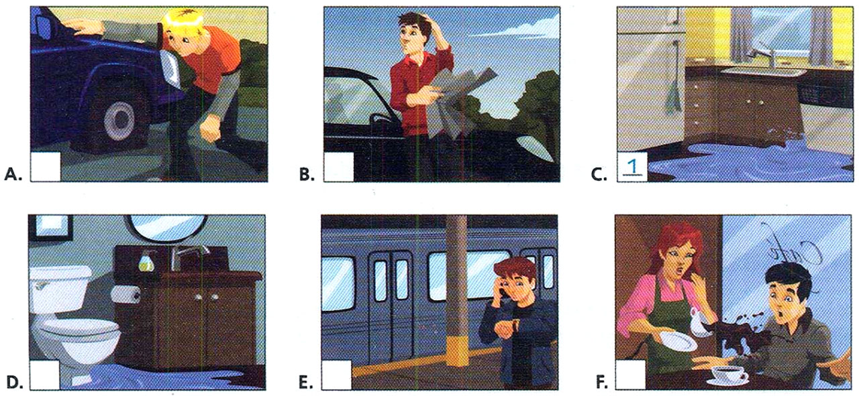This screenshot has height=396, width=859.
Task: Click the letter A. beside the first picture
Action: [13, 176]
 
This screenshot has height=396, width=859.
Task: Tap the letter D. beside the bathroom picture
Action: [13, 384]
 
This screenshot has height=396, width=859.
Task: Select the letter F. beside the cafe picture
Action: [602, 384]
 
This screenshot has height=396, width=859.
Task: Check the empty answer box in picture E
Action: [337, 375]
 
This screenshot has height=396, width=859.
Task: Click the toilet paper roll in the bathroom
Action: [123, 293]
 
